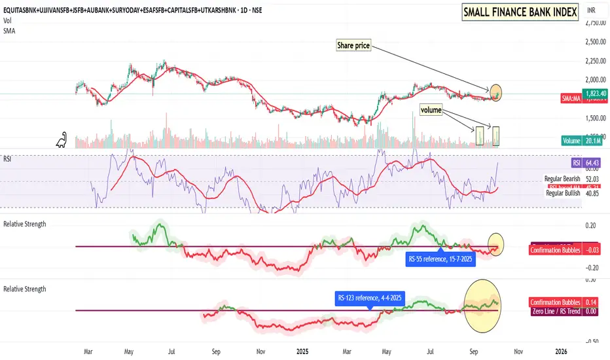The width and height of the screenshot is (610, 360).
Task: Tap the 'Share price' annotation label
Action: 354,45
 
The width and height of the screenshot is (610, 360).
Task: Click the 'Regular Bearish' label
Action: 562,179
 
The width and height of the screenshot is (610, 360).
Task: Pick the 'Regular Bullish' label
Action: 563,193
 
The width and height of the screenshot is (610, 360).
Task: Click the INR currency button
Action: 592,11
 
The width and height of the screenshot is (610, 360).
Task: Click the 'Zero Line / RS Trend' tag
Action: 554,312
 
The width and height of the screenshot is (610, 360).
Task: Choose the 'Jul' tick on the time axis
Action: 172,351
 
